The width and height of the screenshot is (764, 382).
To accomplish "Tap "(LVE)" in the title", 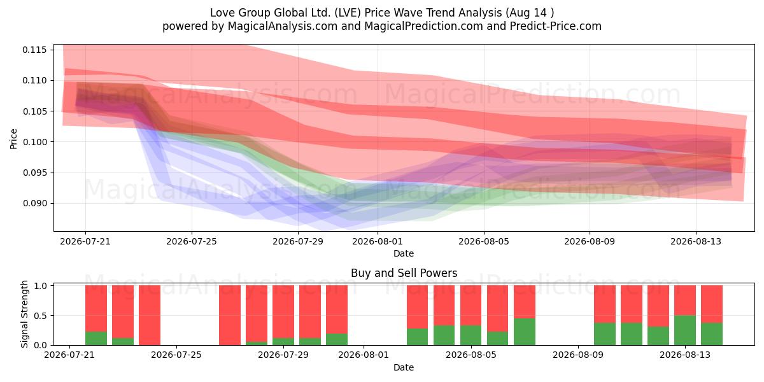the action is click(x=347, y=13).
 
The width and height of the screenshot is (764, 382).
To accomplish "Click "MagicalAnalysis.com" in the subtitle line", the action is click(x=283, y=26).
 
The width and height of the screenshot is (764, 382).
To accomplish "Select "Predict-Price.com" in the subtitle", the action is click(x=556, y=26).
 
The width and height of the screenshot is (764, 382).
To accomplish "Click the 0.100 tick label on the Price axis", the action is click(x=34, y=142).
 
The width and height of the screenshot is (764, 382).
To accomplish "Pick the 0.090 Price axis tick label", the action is click(x=34, y=203).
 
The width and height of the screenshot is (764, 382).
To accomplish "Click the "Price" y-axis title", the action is click(x=13, y=139).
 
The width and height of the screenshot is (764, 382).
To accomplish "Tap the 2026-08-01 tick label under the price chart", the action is click(x=378, y=241).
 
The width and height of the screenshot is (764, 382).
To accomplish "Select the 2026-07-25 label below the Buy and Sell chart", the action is click(x=176, y=355).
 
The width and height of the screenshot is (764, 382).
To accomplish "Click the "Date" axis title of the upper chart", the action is click(x=404, y=253).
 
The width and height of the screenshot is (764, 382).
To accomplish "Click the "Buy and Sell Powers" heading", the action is click(x=404, y=273).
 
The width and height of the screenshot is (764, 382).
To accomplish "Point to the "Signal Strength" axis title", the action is click(x=24, y=314).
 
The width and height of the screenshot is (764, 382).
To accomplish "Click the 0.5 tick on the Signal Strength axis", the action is click(x=40, y=316).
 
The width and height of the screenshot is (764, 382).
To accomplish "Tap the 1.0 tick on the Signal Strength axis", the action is click(x=40, y=286).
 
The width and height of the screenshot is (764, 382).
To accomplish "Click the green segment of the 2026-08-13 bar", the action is click(x=685, y=330).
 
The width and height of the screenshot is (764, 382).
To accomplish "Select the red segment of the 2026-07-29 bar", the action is click(x=283, y=312).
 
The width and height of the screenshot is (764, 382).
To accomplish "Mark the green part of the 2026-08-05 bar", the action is click(x=470, y=336).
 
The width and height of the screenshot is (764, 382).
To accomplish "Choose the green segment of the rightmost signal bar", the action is click(x=712, y=334).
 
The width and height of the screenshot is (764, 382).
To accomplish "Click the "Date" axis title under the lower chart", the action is click(x=404, y=367).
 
